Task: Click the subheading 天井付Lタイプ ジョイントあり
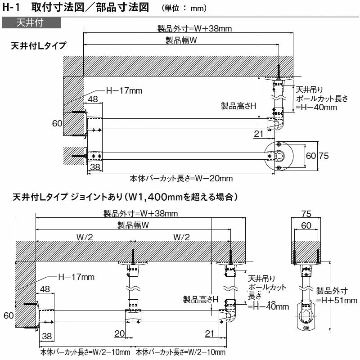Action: tap(124, 197)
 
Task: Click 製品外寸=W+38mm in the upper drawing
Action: tap(194, 28)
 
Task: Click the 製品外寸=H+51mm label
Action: tap(337, 296)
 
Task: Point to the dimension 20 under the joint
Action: tap(119, 333)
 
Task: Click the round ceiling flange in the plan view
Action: tap(279, 156)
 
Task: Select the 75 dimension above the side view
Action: tap(306, 213)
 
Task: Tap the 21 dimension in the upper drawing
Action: tap(258, 134)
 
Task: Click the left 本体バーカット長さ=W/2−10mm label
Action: tap(85, 352)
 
